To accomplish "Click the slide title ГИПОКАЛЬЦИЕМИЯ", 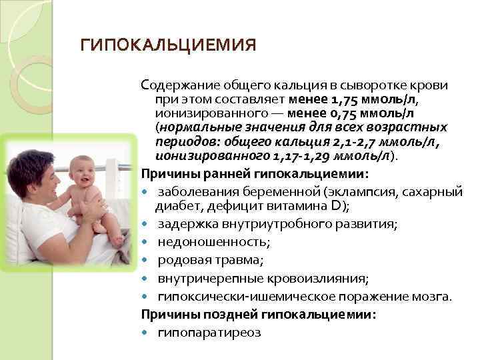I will [168, 45].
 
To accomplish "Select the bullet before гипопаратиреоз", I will [145, 331].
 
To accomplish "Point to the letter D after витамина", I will [337, 205].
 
